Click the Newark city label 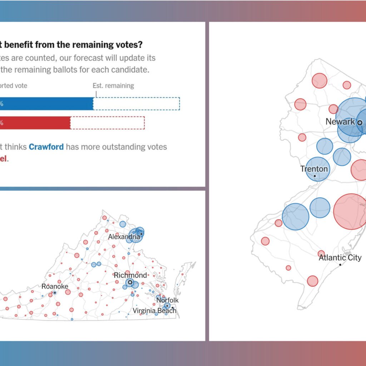(340, 122)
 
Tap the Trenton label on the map (314, 168)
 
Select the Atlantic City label (340, 257)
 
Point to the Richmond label (130, 275)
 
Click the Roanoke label (55, 286)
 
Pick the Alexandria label (124, 237)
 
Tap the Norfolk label (167, 300)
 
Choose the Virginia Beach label (154, 310)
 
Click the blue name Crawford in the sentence (46, 147)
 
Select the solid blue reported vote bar (46, 104)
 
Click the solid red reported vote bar (36, 123)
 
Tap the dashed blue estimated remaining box (137, 104)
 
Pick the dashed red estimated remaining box (107, 123)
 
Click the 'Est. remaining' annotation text (113, 86)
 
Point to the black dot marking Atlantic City (340, 264)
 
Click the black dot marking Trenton (315, 175)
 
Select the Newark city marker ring (360, 122)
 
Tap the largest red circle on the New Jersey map (350, 211)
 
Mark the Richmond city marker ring (130, 282)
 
